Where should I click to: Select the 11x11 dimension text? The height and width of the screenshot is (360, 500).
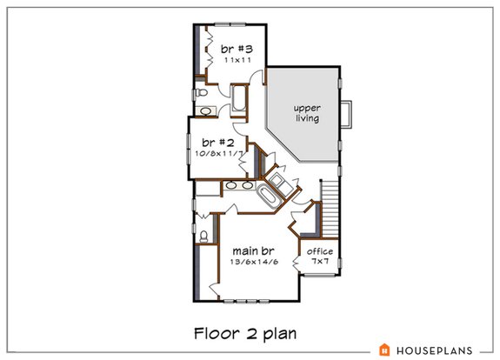(x=230, y=62)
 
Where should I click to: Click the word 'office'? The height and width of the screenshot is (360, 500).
(x=320, y=252)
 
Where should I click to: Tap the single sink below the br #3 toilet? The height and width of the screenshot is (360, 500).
(x=207, y=110)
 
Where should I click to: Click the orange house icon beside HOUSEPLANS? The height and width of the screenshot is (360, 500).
(x=383, y=350)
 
